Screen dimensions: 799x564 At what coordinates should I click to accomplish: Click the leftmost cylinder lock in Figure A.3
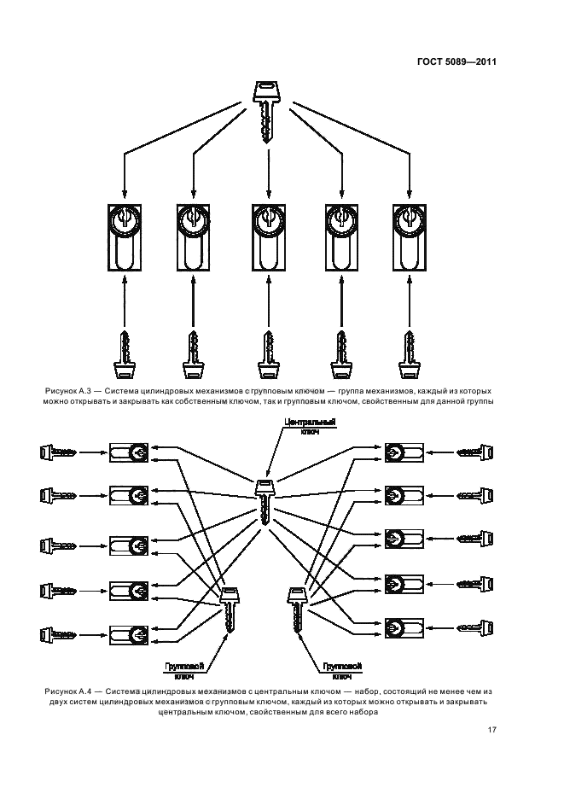coord(125,236)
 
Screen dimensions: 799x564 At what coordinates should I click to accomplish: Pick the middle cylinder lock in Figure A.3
coord(268,236)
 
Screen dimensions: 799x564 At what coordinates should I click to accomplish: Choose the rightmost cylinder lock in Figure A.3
coord(410,236)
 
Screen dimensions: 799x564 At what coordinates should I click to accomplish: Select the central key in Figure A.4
coord(266,504)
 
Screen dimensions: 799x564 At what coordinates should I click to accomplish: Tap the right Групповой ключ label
coord(343,668)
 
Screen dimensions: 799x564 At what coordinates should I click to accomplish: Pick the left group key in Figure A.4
coord(230,609)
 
